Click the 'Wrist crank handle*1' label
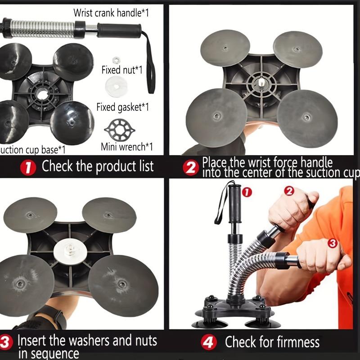111,12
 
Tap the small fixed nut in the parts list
116,59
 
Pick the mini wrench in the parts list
120,129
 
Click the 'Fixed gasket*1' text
122,107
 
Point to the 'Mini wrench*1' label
126,147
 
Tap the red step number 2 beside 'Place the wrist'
191,167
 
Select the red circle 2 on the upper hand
289,190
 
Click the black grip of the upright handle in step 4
234,202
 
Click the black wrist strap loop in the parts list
150,63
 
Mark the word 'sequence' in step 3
49,354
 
